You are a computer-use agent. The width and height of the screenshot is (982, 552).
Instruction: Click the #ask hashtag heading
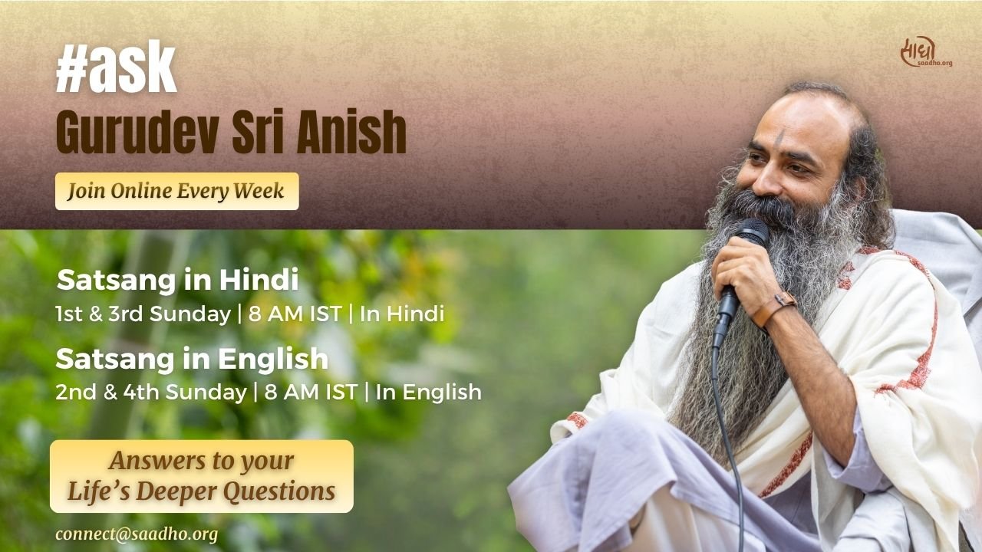[116, 70]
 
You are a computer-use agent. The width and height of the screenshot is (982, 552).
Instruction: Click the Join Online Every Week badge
[176, 191]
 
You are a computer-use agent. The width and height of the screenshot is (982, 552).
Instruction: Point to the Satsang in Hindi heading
[177, 281]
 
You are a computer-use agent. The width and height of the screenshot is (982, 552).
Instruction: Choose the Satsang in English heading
[192, 359]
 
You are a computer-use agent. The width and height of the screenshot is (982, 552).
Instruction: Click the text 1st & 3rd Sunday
[143, 314]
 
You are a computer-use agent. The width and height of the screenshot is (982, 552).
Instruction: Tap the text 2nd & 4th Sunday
[150, 393]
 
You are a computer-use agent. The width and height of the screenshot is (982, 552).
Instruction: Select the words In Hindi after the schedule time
[402, 314]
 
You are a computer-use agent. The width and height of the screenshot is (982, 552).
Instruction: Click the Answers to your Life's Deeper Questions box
[201, 476]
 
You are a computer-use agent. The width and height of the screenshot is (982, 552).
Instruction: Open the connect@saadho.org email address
[137, 534]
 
